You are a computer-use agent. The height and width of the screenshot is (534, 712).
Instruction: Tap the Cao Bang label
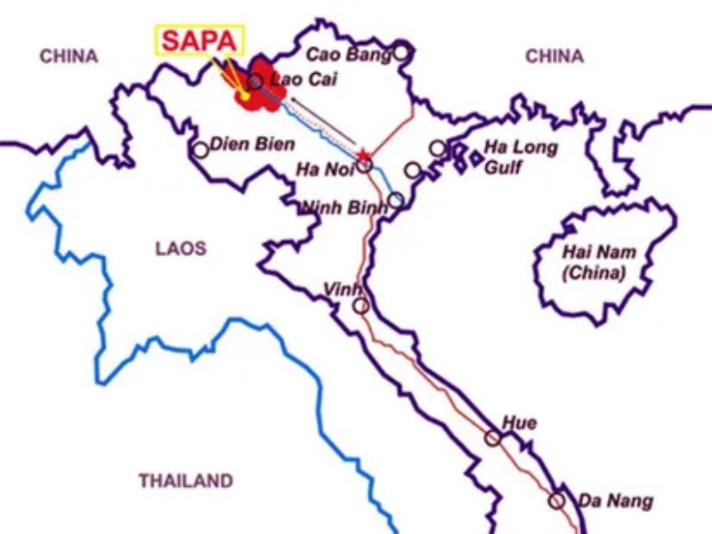coord(348,55)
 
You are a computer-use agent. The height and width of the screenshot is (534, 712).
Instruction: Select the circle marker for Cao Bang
coord(401,53)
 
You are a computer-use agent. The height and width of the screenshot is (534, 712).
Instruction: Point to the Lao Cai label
coord(297,81)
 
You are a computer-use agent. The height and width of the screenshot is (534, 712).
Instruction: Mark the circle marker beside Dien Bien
coord(201,150)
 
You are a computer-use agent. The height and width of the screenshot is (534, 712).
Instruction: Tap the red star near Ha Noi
coord(362,156)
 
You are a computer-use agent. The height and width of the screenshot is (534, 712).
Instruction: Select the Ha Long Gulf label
coord(522,156)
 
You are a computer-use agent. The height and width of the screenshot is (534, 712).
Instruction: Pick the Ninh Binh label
coord(344,206)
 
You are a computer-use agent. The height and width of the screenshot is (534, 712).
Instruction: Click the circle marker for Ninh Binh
coord(396,199)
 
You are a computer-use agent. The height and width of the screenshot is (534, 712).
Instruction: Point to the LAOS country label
coord(181,249)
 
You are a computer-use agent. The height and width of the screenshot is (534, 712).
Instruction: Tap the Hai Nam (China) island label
coord(594,262)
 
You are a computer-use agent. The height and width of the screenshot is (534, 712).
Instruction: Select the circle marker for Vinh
coord(360,305)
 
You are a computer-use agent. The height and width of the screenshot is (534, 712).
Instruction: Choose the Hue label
coord(519,423)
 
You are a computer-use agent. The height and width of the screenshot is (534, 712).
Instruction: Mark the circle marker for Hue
coord(492,437)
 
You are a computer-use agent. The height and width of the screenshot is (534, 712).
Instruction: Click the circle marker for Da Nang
coord(556,500)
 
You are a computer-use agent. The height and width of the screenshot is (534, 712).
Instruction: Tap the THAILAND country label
coord(185,481)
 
